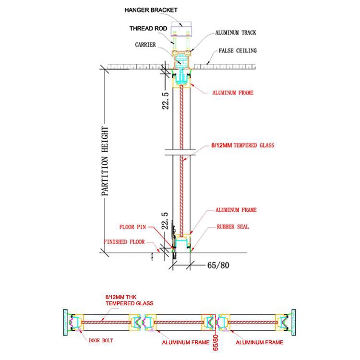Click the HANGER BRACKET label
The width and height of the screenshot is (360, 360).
pos(151,10)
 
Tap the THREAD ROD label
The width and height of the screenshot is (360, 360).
pos(148,28)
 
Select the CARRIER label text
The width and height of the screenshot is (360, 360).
pos(145,45)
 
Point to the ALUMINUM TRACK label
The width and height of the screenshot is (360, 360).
pos(236,33)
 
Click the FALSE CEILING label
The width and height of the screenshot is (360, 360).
pos(238,50)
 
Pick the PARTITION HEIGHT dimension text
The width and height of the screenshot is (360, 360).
pos(105,161)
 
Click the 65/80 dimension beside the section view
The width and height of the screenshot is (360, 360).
pos(218,265)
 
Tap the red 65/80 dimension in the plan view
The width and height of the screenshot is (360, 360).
pos(216,343)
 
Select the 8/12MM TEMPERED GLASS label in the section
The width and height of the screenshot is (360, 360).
pos(243,145)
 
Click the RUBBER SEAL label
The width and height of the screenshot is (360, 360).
pos(233,227)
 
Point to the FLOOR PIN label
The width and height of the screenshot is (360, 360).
pos(132,227)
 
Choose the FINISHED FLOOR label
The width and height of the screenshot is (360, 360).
pos(124,242)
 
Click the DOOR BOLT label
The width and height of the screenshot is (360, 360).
pos(101,340)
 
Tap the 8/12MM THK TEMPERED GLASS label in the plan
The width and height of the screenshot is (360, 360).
pos(129,300)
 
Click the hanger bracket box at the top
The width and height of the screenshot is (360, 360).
pos(181,29)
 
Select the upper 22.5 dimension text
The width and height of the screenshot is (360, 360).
pos(166,101)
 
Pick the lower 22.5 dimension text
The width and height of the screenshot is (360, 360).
pos(165,221)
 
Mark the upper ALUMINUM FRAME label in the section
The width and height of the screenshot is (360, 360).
pos(233,93)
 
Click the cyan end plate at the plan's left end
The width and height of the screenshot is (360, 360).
pos(65,323)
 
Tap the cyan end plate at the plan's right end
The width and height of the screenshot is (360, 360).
pos(293,323)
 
